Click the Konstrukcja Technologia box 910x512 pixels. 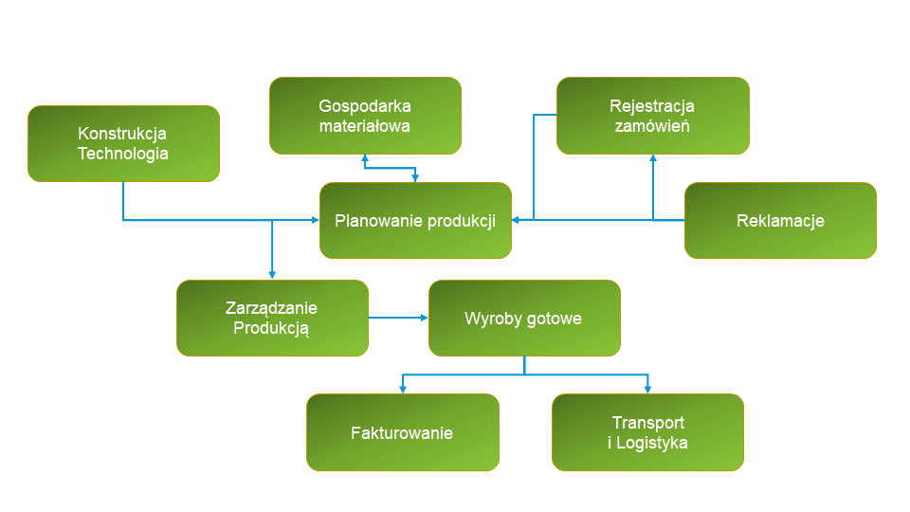123,143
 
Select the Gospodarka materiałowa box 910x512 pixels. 365,116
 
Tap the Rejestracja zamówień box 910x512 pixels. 652,116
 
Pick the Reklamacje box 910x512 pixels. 780,221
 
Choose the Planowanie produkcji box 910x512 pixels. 415,221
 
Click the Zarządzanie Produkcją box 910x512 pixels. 272,319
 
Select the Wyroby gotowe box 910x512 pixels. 524,319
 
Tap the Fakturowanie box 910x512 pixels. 402,433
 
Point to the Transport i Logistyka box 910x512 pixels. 647,433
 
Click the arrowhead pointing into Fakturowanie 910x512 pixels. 403,389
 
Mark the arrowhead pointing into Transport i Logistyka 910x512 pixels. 648,389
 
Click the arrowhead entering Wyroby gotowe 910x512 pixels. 424,319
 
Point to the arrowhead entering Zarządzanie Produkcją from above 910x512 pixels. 272,275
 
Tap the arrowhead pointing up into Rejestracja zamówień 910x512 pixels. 653,158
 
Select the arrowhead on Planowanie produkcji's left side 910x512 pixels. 315,220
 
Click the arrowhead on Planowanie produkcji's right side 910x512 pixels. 517,220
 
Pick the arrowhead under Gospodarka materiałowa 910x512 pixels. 365,158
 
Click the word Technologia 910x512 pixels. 123,154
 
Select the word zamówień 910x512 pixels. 652,126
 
